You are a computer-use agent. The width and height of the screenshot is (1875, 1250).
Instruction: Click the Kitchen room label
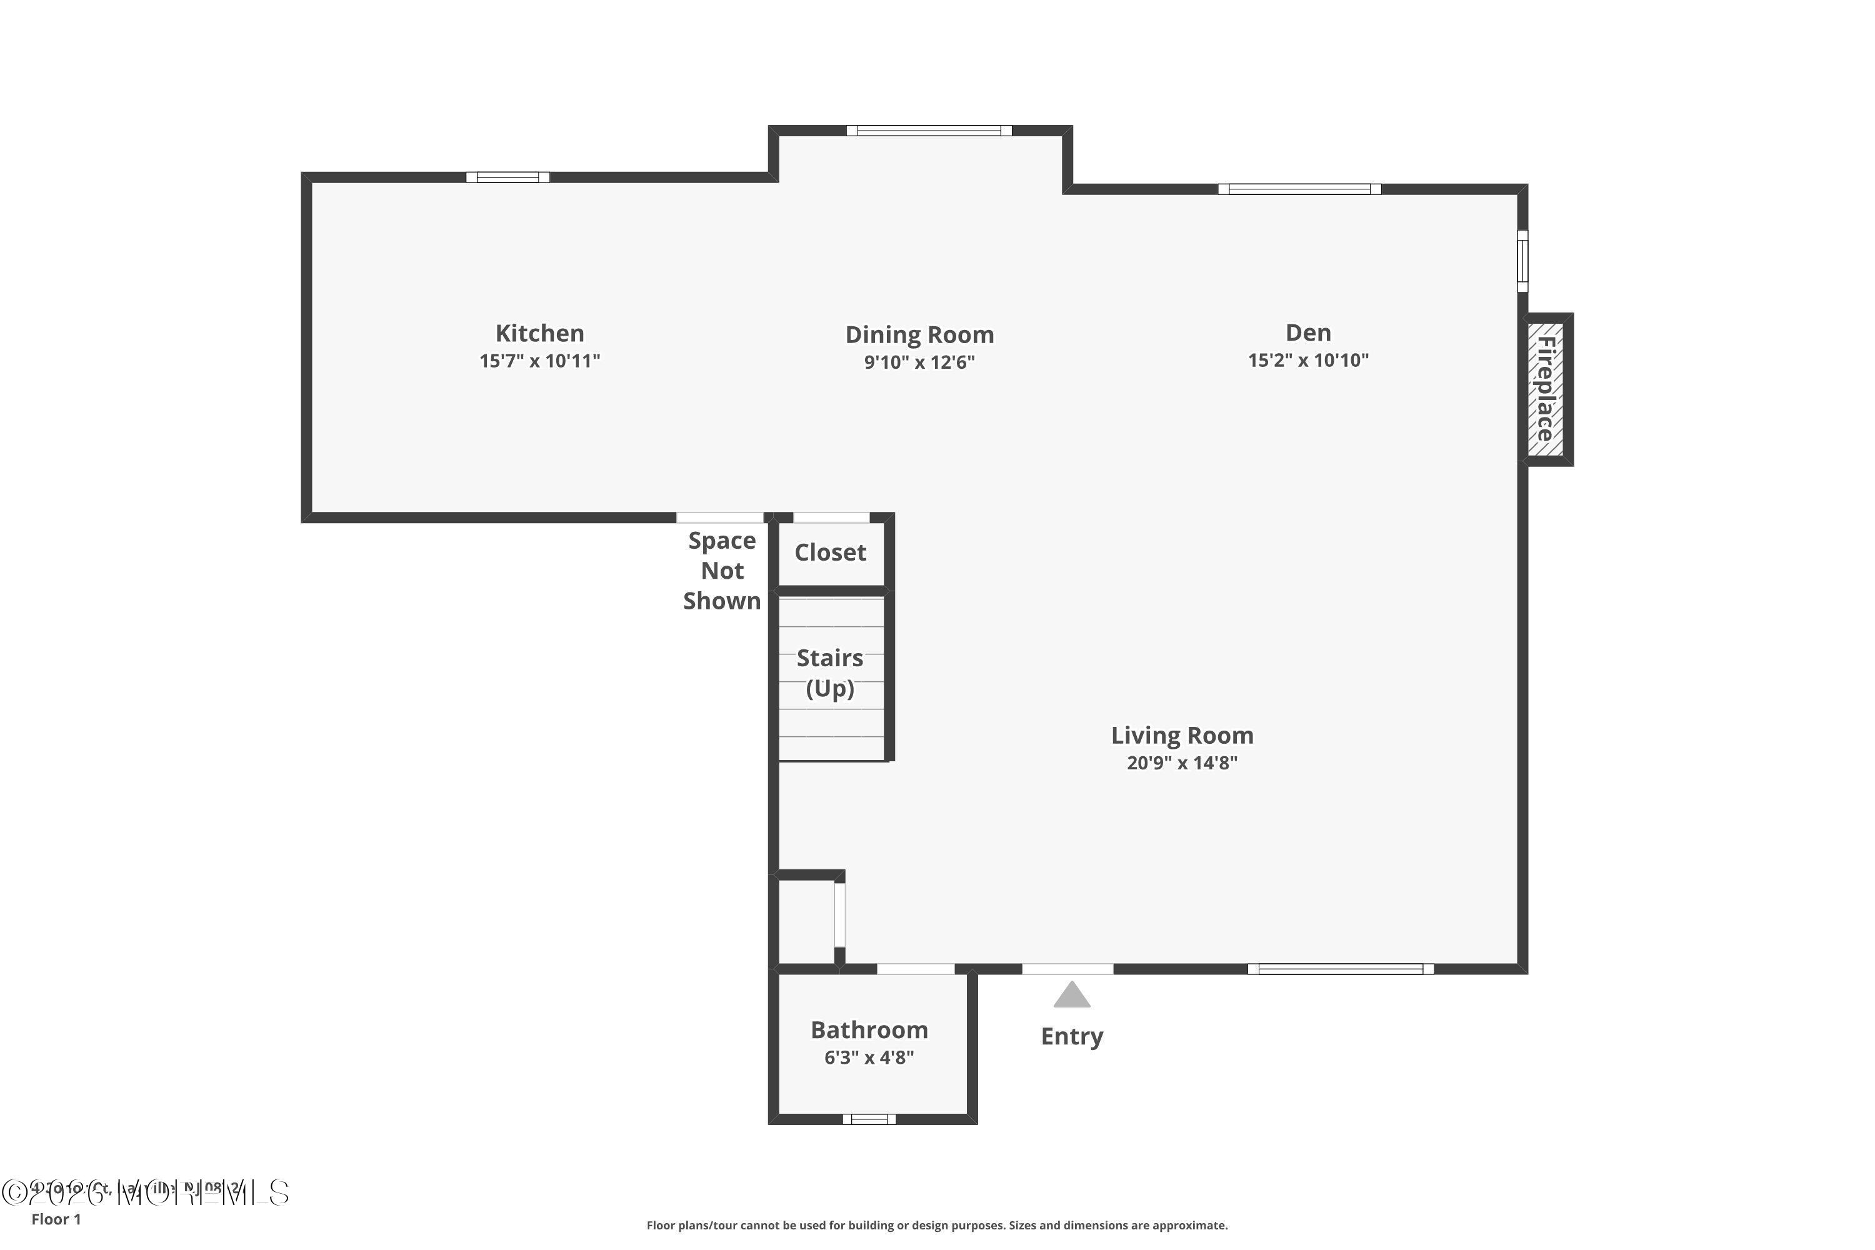540,333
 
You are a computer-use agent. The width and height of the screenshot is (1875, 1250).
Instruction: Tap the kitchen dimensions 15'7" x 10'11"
540,361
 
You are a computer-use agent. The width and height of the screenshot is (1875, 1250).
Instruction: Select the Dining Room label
919,335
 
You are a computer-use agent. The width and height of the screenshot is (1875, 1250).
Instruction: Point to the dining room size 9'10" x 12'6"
919,362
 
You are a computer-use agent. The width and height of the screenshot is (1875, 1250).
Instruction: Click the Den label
1307,332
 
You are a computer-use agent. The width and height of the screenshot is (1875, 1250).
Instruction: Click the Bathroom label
869,1030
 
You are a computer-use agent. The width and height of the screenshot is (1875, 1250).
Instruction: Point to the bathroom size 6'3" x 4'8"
869,1058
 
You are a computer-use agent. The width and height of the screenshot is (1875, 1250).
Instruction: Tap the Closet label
830,552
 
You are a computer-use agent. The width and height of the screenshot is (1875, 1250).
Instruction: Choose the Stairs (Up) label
830,673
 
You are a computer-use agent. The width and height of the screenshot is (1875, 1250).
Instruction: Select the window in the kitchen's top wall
507,177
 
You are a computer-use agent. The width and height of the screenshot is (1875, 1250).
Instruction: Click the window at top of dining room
929,131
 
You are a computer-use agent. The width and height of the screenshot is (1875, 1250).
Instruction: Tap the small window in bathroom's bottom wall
869,1119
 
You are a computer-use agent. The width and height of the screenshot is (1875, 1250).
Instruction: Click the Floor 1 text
56,1219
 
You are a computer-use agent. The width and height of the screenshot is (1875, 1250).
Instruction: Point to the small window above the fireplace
1522,261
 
